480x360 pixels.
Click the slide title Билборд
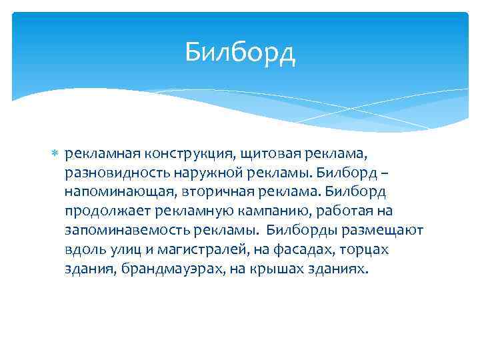coord(240,51)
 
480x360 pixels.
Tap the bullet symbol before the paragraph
coord(55,155)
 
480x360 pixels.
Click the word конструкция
coord(188,154)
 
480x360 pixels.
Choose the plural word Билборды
coord(297,231)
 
